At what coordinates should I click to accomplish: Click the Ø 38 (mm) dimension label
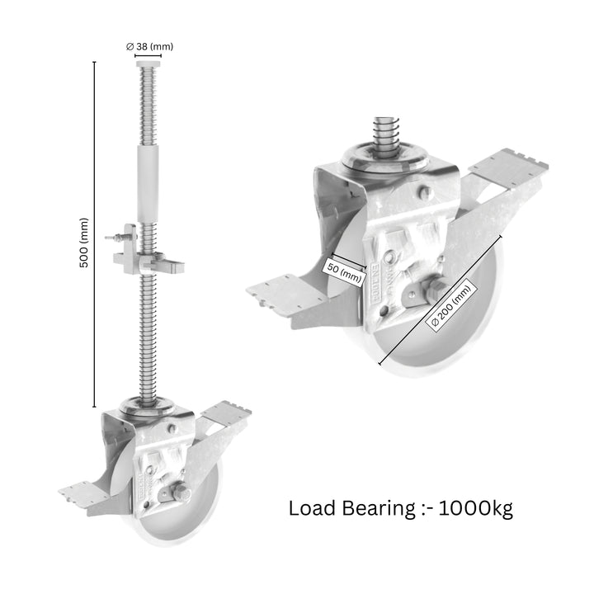pyautogui.click(x=152, y=47)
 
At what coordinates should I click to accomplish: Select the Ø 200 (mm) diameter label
pyautogui.click(x=451, y=307)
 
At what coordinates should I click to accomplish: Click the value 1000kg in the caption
pyautogui.click(x=476, y=507)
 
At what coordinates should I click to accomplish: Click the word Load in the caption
pyautogui.click(x=313, y=507)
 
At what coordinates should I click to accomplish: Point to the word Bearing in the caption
pyautogui.click(x=381, y=508)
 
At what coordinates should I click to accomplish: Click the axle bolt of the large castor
pyautogui.click(x=431, y=292)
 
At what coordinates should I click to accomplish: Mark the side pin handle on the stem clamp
pyautogui.click(x=116, y=238)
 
